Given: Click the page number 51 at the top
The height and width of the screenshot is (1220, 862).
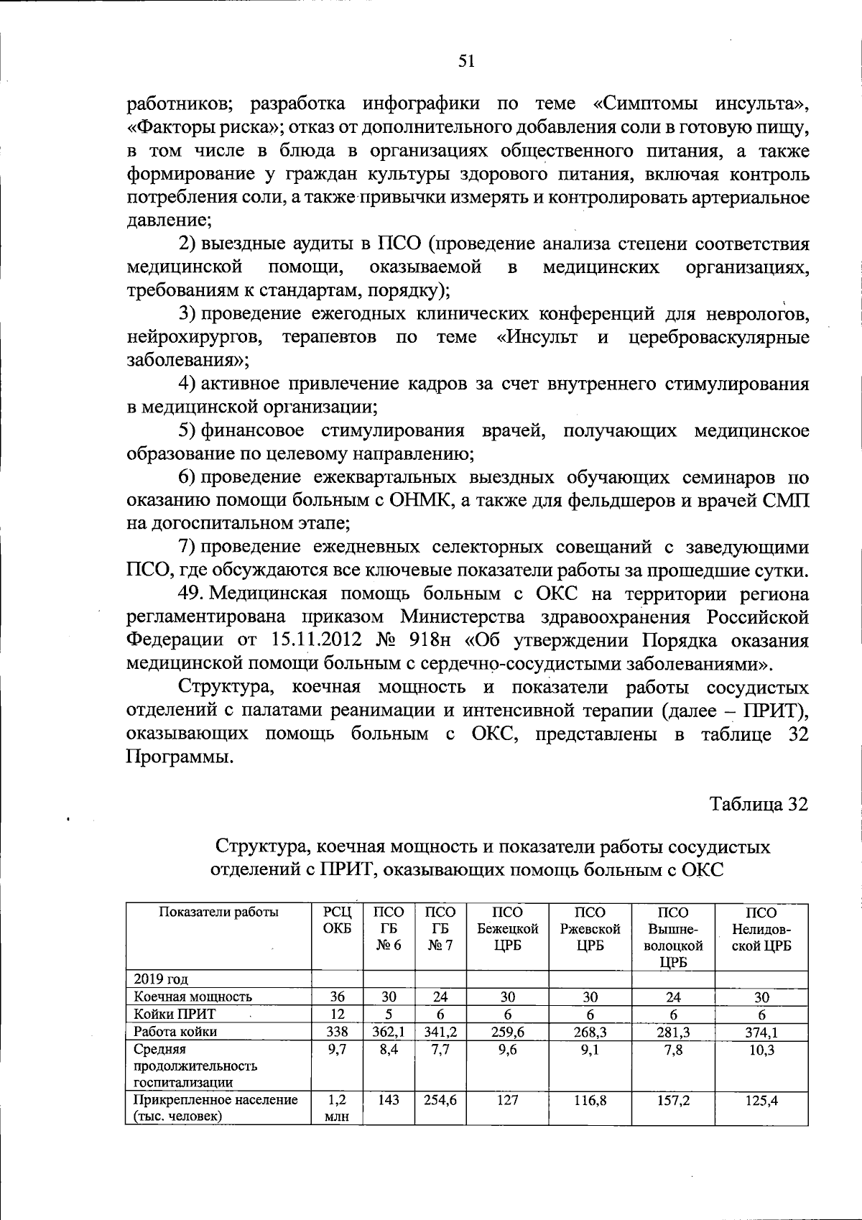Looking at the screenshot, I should [467, 62].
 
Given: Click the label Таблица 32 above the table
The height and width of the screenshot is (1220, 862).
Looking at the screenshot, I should [759, 804].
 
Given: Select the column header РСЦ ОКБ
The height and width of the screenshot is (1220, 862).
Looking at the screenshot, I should [337, 920].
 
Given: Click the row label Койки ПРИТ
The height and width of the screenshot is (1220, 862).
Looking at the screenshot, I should [175, 1014].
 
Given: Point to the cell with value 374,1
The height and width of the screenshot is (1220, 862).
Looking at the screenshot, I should [761, 1032].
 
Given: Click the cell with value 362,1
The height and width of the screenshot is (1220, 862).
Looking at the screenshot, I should [389, 1032].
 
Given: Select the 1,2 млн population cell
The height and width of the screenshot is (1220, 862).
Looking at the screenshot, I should [337, 1108].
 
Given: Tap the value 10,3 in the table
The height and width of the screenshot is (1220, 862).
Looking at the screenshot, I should [761, 1050].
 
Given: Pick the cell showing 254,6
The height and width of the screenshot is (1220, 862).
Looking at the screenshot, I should [440, 1100].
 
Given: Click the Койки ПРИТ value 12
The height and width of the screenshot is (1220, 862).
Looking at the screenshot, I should [337, 1014].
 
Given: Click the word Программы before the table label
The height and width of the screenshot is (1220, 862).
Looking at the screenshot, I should [180, 757].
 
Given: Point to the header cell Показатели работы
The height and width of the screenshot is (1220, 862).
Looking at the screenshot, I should [218, 912].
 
